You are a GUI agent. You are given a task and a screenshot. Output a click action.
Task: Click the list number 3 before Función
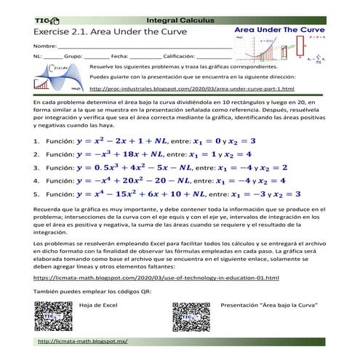click(36, 168)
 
